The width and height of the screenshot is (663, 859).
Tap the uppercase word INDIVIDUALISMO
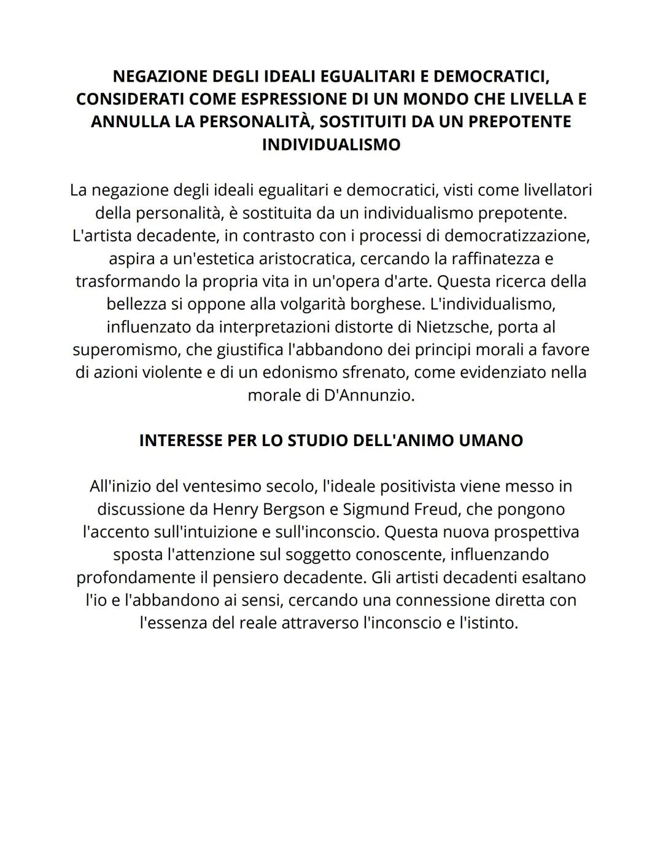pyautogui.click(x=331, y=144)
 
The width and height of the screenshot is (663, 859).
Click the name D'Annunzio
pyautogui.click(x=369, y=395)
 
